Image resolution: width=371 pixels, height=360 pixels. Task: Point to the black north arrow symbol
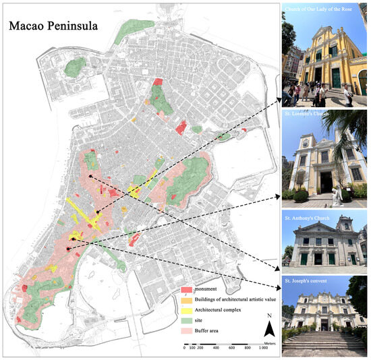tap(268, 330)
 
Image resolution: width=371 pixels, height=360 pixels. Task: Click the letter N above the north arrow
tap(268, 316)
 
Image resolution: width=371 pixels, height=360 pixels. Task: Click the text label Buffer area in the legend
tap(208, 332)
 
